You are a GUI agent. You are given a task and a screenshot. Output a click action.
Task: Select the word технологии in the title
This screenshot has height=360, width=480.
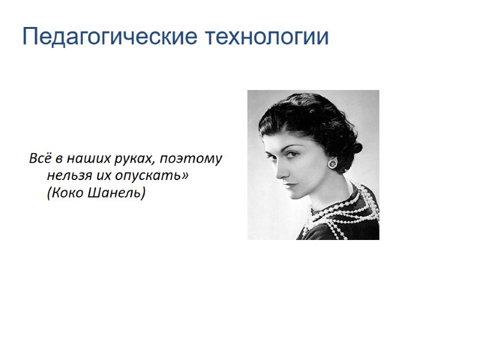266,37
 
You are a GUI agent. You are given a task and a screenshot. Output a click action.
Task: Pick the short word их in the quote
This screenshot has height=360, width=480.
100,177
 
